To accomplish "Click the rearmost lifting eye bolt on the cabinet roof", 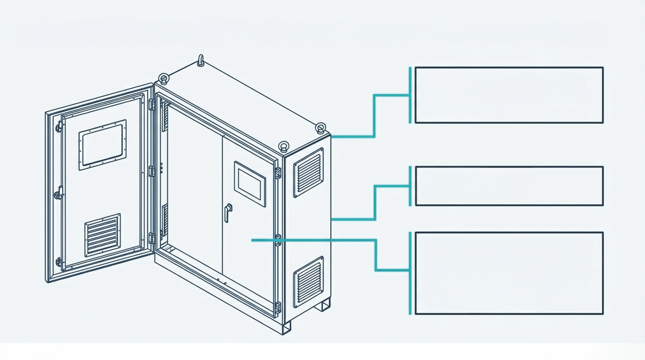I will pyautogui.click(x=201, y=60).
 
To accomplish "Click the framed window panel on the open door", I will pyautogui.click(x=103, y=144).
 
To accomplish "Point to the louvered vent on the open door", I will pyautogui.click(x=103, y=235).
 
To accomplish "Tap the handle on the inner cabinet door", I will pyautogui.click(x=228, y=212).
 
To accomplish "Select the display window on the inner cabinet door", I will pyautogui.click(x=250, y=184).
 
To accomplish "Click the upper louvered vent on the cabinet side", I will pyautogui.click(x=308, y=172).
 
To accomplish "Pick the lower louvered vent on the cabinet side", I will pyautogui.click(x=308, y=281).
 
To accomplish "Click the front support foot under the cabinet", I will pyautogui.click(x=286, y=327).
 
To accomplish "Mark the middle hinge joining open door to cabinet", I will pyautogui.click(x=152, y=171).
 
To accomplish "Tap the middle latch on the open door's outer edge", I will pyautogui.click(x=59, y=193).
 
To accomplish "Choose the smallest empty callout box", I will pyautogui.click(x=509, y=186).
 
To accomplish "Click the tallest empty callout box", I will pyautogui.click(x=509, y=273).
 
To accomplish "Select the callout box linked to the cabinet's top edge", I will pyautogui.click(x=509, y=95).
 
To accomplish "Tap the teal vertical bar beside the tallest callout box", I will pyautogui.click(x=410, y=273).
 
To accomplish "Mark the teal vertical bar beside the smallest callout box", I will pyautogui.click(x=410, y=186).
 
